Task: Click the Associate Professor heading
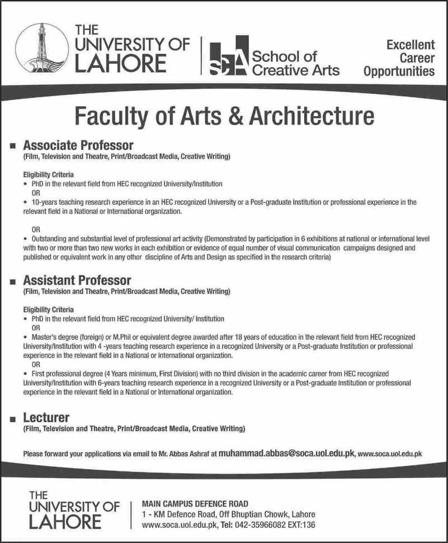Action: pyautogui.click(x=78, y=147)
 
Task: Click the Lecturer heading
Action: pyautogui.click(x=46, y=418)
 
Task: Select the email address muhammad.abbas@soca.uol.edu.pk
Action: pyautogui.click(x=286, y=454)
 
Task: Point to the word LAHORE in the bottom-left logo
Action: pyautogui.click(x=64, y=522)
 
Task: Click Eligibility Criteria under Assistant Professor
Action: pyautogui.click(x=48, y=309)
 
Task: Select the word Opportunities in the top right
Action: pyautogui.click(x=399, y=71)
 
